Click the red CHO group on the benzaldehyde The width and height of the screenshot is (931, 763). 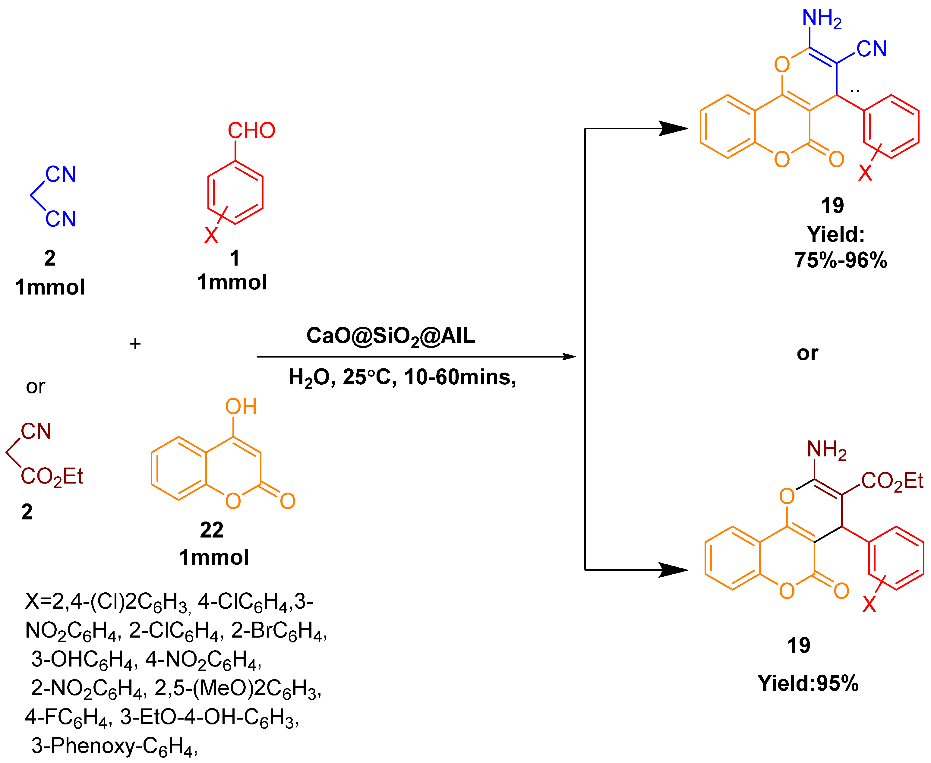pyautogui.click(x=251, y=131)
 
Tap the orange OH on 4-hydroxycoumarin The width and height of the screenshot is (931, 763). pyautogui.click(x=241, y=407)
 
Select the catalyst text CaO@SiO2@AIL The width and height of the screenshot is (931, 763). pyautogui.click(x=390, y=336)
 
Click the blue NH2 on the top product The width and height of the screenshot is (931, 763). pyautogui.click(x=821, y=18)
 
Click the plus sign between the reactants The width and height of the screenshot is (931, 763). pyautogui.click(x=135, y=344)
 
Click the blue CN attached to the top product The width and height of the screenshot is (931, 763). pyautogui.click(x=871, y=49)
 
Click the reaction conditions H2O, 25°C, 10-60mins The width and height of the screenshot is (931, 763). pyautogui.click(x=402, y=377)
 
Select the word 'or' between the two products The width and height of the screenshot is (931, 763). pyautogui.click(x=807, y=353)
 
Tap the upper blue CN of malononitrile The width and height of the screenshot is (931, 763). pyautogui.click(x=61, y=175)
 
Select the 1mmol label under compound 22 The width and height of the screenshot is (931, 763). pyautogui.click(x=214, y=557)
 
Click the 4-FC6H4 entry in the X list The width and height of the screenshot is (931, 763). pyautogui.click(x=66, y=717)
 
